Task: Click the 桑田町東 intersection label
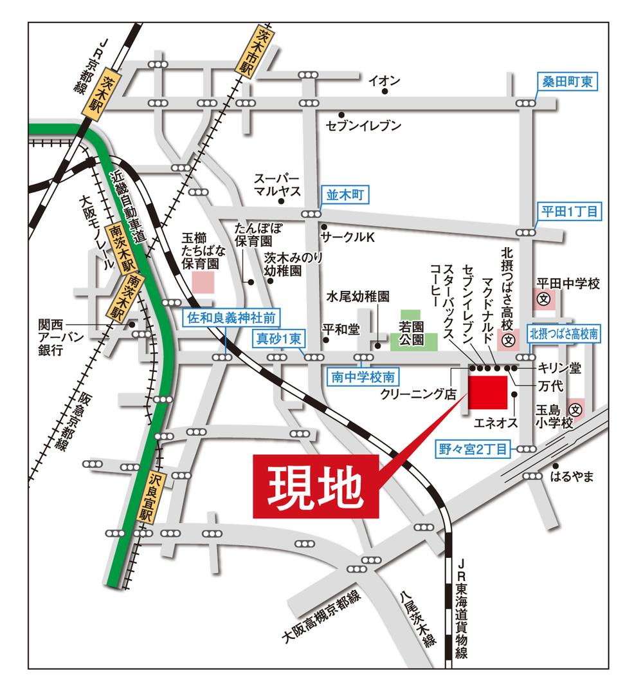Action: (x=568, y=82)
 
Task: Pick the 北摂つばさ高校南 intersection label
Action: (x=564, y=333)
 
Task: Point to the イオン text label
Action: (x=385, y=80)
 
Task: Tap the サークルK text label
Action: (x=352, y=237)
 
